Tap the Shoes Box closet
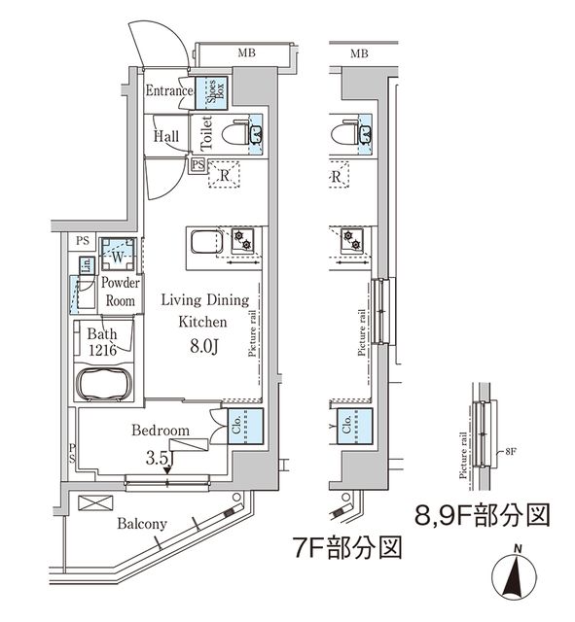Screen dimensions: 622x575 click(x=216, y=93)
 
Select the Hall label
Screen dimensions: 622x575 click(x=165, y=137)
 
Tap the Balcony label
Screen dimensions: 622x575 click(x=142, y=524)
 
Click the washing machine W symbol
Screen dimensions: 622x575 click(x=116, y=258)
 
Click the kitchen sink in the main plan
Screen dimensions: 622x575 click(x=205, y=242)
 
